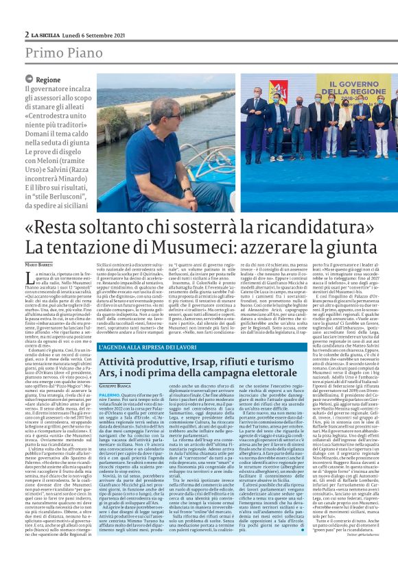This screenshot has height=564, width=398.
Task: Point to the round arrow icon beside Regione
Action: pos(30,79)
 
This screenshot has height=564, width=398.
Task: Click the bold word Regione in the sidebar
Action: pos(48,79)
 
